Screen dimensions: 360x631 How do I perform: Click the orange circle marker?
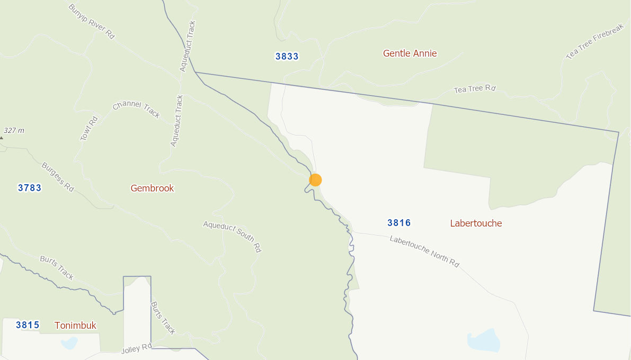pyautogui.click(x=315, y=180)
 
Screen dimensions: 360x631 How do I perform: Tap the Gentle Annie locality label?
pyautogui.click(x=410, y=53)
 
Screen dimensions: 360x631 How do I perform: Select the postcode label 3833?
pyautogui.click(x=287, y=57)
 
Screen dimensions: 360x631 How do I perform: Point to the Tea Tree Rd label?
pyautogui.click(x=474, y=89)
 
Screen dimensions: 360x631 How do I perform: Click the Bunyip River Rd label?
pyautogui.click(x=91, y=21)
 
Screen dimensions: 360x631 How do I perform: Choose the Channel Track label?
pyautogui.click(x=136, y=109)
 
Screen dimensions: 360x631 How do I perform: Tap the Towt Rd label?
pyautogui.click(x=89, y=128)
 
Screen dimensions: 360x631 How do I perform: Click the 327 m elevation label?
pyautogui.click(x=14, y=130)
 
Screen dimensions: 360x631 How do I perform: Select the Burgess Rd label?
pyautogui.click(x=58, y=176)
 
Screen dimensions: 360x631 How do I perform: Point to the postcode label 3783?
pyautogui.click(x=30, y=187)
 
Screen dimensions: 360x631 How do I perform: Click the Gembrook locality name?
pyautogui.click(x=152, y=188)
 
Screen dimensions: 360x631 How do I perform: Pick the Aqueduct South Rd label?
pyautogui.click(x=232, y=236)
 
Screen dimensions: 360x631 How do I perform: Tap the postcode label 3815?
pyautogui.click(x=28, y=325)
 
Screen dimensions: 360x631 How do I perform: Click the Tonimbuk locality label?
pyautogui.click(x=75, y=326)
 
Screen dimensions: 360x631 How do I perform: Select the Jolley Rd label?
pyautogui.click(x=137, y=349)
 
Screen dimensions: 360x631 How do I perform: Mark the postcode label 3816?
pyautogui.click(x=399, y=223)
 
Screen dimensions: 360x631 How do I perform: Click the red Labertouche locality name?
pyautogui.click(x=476, y=223)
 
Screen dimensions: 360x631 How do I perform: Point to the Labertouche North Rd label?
pyautogui.click(x=424, y=250)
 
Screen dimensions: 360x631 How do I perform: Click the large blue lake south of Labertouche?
pyautogui.click(x=484, y=340)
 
